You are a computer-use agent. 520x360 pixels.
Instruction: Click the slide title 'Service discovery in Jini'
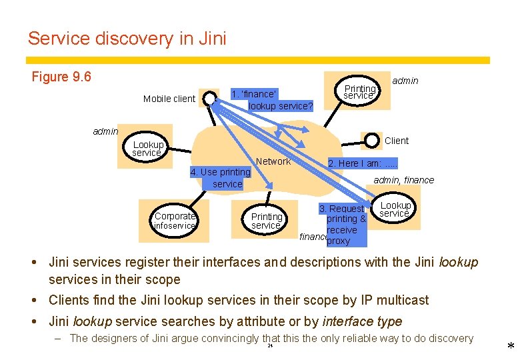127,39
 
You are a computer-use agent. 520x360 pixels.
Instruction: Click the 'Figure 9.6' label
61,77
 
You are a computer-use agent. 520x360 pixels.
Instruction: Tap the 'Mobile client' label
169,99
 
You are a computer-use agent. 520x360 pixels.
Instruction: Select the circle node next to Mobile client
209,99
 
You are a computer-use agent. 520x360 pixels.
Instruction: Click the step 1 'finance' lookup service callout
271,99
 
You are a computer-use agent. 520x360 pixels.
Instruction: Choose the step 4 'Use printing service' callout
220,178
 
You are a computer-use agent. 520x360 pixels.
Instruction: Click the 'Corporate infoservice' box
175,221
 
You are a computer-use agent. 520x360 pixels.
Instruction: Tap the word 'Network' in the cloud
273,161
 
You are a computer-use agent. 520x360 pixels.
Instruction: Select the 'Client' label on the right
397,141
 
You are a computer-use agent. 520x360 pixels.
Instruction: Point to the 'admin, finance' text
403,180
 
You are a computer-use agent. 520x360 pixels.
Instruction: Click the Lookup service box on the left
148,148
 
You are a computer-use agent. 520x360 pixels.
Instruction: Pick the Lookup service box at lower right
395,209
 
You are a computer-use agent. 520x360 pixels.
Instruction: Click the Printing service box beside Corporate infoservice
267,221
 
